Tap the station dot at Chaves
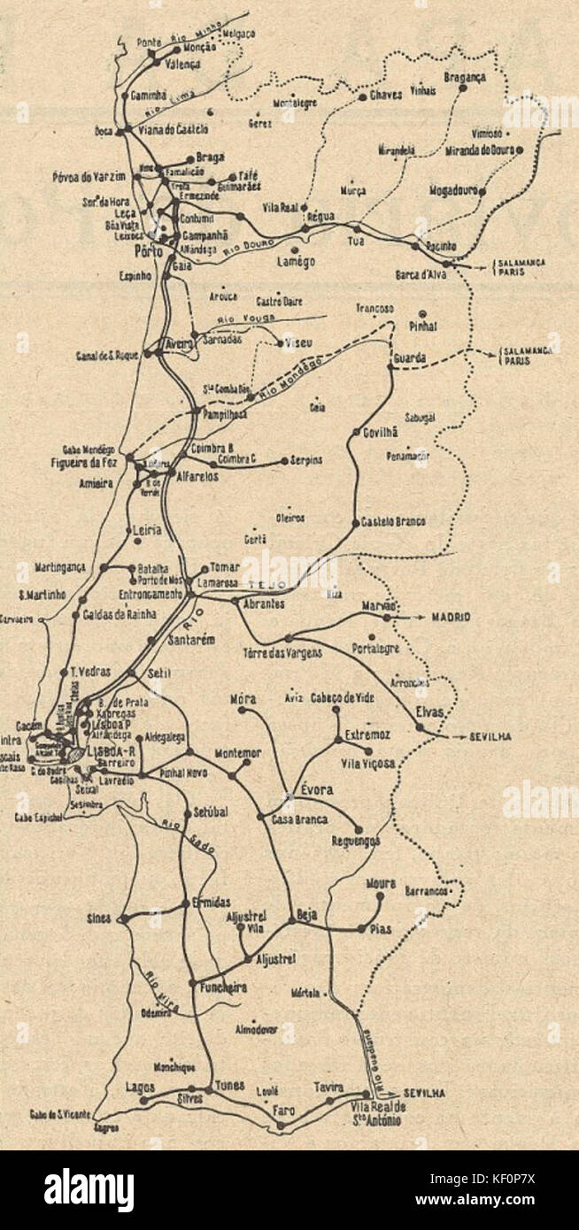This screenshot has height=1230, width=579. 364,96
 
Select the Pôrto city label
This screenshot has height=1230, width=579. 140,251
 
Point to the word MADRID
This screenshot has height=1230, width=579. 452,616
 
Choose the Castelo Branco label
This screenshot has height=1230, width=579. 393,522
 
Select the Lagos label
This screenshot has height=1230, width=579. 140,1087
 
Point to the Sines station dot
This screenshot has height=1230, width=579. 125,919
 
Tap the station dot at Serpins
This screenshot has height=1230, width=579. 283,461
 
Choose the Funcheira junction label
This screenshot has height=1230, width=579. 218,987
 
